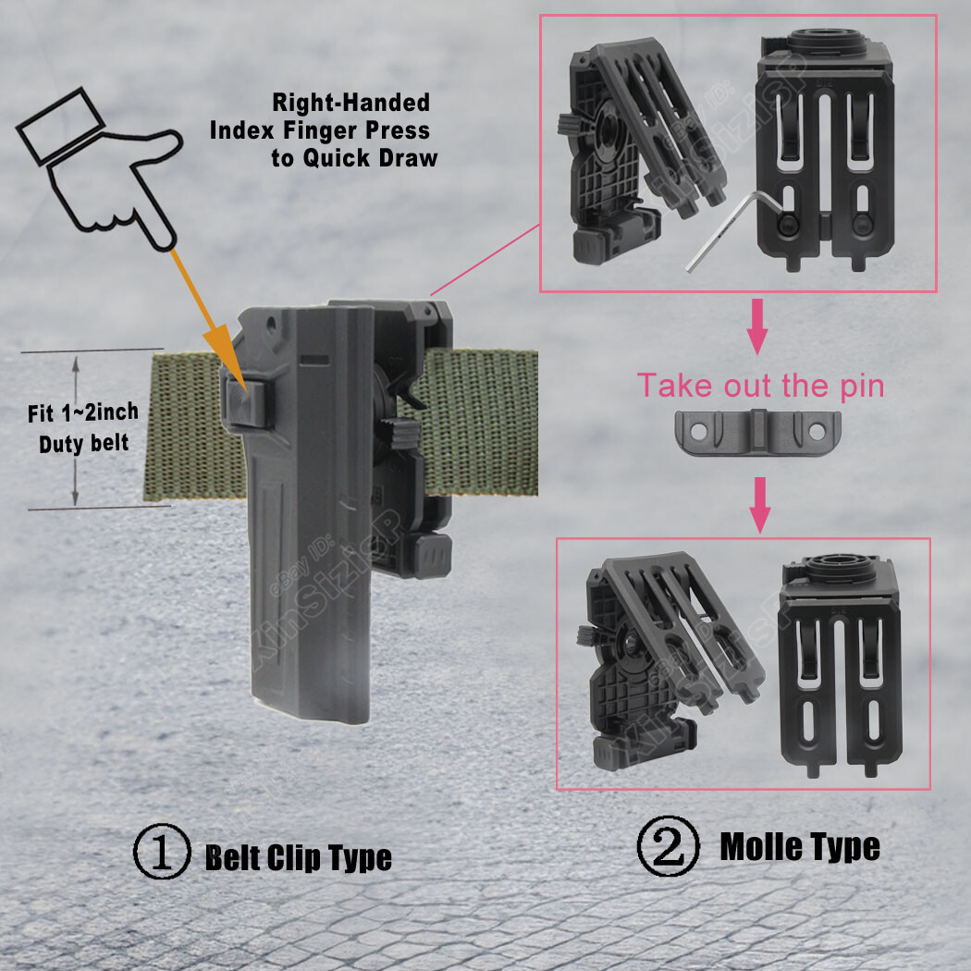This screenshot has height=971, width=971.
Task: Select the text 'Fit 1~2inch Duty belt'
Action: (x=82, y=426)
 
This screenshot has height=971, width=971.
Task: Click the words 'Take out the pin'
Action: (x=761, y=385)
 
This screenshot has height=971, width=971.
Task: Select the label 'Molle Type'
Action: (x=799, y=846)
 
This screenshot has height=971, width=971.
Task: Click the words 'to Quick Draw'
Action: (x=354, y=157)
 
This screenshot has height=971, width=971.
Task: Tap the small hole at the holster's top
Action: (x=273, y=325)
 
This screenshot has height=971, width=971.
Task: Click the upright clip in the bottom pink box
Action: (x=838, y=666)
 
